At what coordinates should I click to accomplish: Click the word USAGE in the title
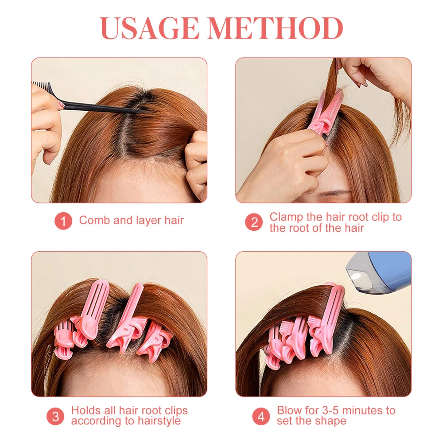149,28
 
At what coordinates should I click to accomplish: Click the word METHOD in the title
276,28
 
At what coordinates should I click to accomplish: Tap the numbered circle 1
63,221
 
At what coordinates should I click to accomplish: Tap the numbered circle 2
254,222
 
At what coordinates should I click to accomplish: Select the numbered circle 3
55,416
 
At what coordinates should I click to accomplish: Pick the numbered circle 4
261,416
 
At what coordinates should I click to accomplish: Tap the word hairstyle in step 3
159,421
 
